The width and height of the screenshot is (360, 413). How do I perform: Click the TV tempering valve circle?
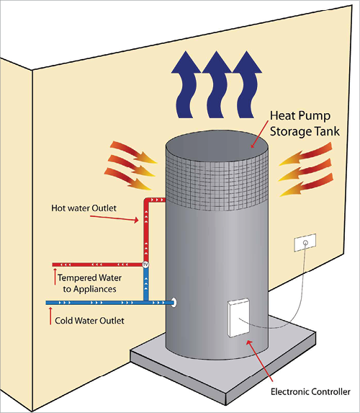coord(145,265)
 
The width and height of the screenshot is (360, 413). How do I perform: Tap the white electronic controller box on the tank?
coord(239,318)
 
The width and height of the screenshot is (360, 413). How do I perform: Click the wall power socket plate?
coord(305,242)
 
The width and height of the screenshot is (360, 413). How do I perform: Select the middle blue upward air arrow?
coord(216,84)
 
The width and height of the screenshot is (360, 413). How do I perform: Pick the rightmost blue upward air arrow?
coord(247,84)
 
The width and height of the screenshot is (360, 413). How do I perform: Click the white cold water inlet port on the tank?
coord(174,303)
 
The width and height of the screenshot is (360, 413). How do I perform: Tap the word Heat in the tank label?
coord(282,116)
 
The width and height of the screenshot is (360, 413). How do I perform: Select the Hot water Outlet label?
coord(84,208)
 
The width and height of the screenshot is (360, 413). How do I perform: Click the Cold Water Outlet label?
coord(89,321)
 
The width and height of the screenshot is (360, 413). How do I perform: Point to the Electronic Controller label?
coord(310,391)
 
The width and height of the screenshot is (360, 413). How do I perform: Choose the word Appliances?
coord(95,289)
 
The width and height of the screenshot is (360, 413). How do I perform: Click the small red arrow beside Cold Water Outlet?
coord(50,316)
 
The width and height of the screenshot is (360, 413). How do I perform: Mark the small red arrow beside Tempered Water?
coord(55,277)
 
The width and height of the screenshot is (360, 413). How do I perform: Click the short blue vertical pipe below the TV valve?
coord(145,284)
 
